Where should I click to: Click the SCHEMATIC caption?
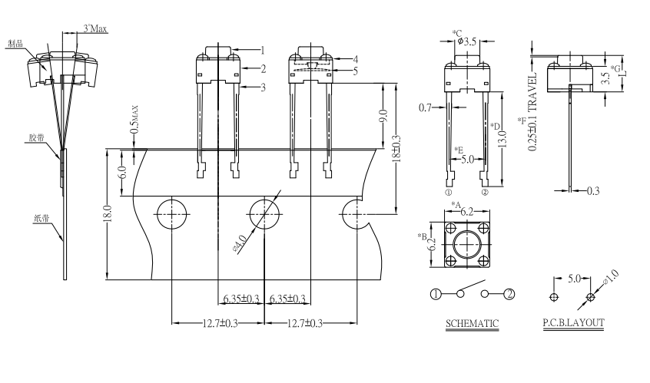tap(473, 323)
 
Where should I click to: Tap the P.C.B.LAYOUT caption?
tap(573, 323)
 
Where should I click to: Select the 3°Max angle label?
tap(95, 28)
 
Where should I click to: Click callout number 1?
tap(262, 51)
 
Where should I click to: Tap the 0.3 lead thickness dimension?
tap(592, 190)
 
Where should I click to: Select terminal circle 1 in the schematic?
tap(436, 294)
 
